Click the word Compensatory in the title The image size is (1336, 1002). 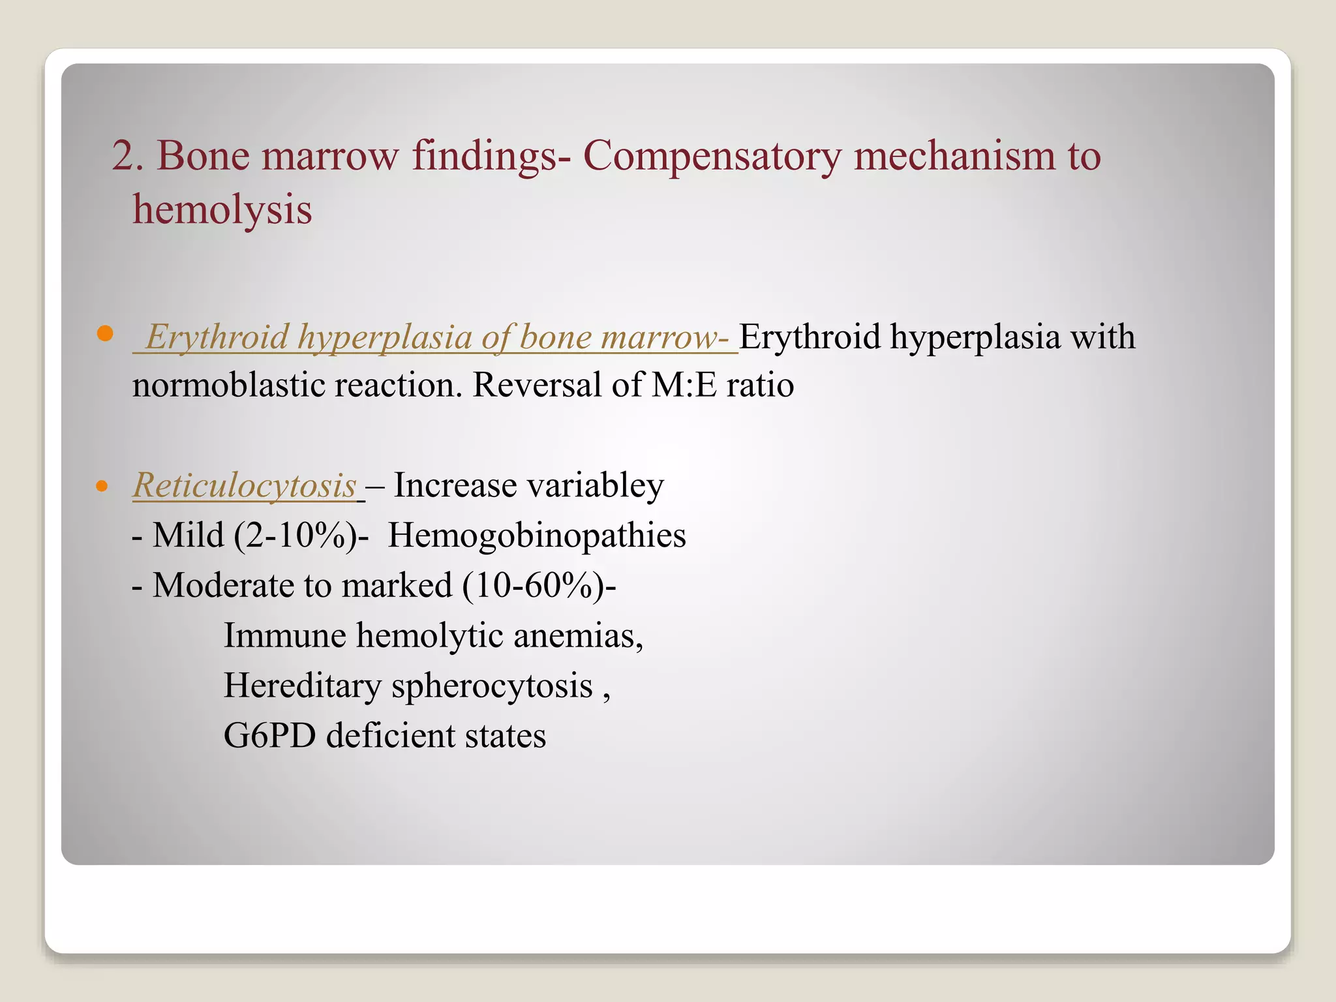coord(712,157)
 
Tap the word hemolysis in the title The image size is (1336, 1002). coord(222,210)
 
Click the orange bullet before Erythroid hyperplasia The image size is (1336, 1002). coord(104,335)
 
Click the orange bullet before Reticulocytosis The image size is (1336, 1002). coord(101,486)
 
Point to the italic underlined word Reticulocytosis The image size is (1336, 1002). coord(245,486)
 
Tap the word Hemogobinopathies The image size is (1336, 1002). coord(537,536)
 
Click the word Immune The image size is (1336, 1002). coord(284,635)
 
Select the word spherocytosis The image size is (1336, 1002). coord(492,686)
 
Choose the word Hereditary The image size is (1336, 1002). coord(303,686)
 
